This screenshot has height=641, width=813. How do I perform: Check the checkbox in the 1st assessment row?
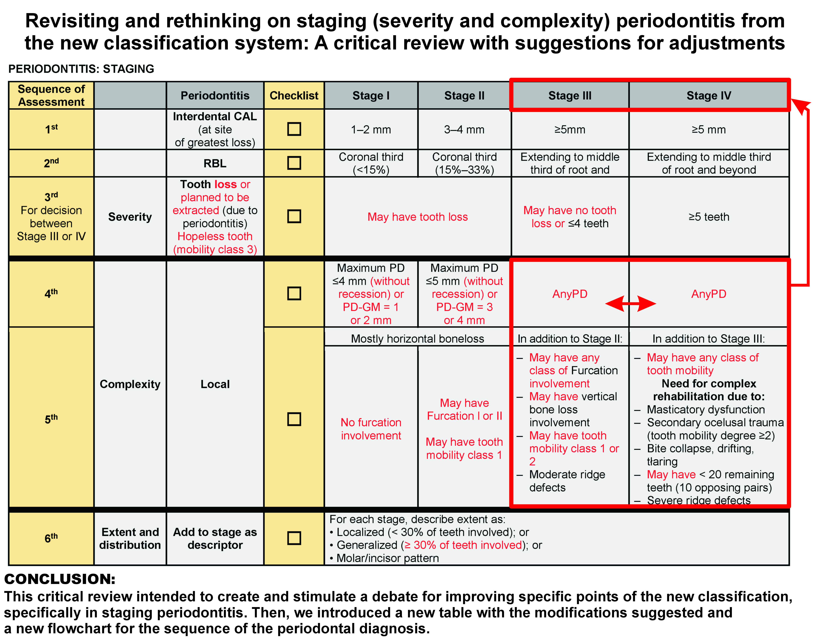click(294, 129)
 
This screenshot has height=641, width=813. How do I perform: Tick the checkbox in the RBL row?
click(294, 163)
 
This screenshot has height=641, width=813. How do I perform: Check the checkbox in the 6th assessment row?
click(294, 538)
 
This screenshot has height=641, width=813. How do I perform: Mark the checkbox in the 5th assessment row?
click(294, 419)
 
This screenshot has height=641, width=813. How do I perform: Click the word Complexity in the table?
click(130, 384)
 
